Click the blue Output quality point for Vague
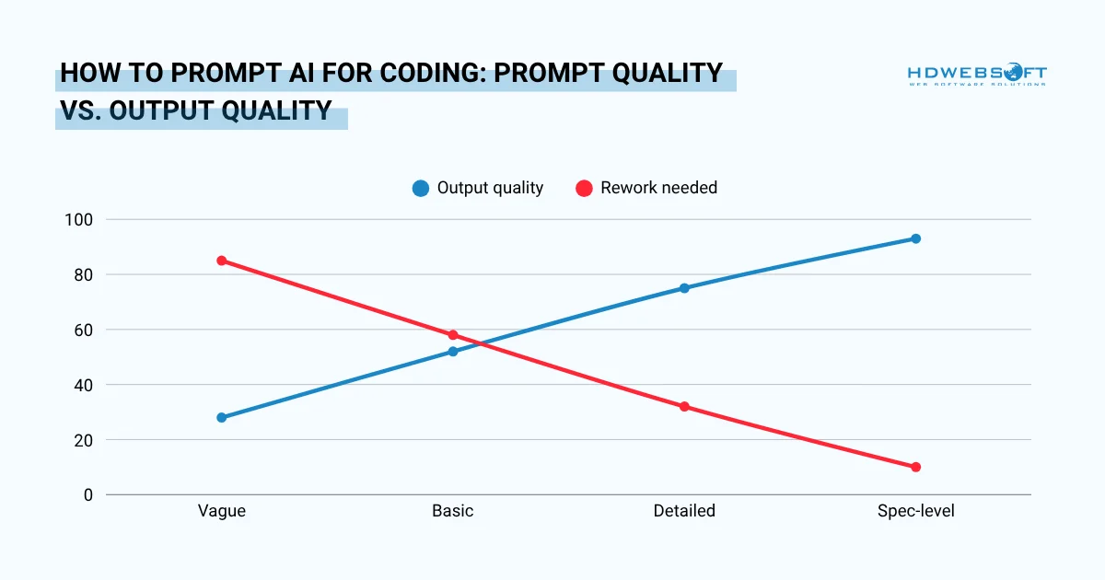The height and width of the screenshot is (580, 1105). pyautogui.click(x=222, y=417)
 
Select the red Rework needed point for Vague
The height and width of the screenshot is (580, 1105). pyautogui.click(x=222, y=261)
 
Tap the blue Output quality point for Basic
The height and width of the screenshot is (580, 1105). pyautogui.click(x=453, y=352)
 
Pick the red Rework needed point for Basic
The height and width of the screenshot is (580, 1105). pyautogui.click(x=453, y=335)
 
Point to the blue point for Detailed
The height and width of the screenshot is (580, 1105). pyautogui.click(x=684, y=288)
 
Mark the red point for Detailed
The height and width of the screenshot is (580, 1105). pyautogui.click(x=684, y=406)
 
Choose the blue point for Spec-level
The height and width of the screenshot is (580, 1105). pyautogui.click(x=915, y=238)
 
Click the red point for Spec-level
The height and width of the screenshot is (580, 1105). pyautogui.click(x=915, y=467)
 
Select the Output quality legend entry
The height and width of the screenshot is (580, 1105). pyautogui.click(x=479, y=188)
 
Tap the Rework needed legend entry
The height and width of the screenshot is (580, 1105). pyautogui.click(x=646, y=188)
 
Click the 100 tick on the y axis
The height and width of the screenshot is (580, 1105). pyautogui.click(x=79, y=220)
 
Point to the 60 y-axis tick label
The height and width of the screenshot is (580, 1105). pyautogui.click(x=84, y=330)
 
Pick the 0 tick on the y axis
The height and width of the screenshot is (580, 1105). pyautogui.click(x=88, y=495)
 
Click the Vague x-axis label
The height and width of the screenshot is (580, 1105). pyautogui.click(x=222, y=511)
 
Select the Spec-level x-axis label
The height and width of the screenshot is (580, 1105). pyautogui.click(x=915, y=511)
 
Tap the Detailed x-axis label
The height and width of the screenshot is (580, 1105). pyautogui.click(x=684, y=511)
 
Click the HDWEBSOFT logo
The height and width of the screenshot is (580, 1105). pyautogui.click(x=976, y=75)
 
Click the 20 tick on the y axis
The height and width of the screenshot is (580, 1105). pyautogui.click(x=84, y=440)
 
